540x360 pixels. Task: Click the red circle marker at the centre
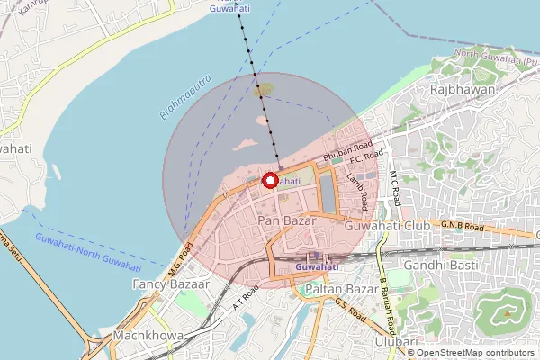[x=269, y=180]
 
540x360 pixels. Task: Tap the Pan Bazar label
[x=283, y=220]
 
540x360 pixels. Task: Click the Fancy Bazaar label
[x=170, y=283]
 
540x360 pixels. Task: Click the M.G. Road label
[x=180, y=259]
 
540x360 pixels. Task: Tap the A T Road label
[x=245, y=297]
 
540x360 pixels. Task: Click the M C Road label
[x=393, y=185]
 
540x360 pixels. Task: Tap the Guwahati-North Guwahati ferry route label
[x=88, y=251]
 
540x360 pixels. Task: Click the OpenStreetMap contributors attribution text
[x=473, y=353]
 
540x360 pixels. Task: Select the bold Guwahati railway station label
[x=317, y=267]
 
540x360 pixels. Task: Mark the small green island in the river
[x=264, y=90]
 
